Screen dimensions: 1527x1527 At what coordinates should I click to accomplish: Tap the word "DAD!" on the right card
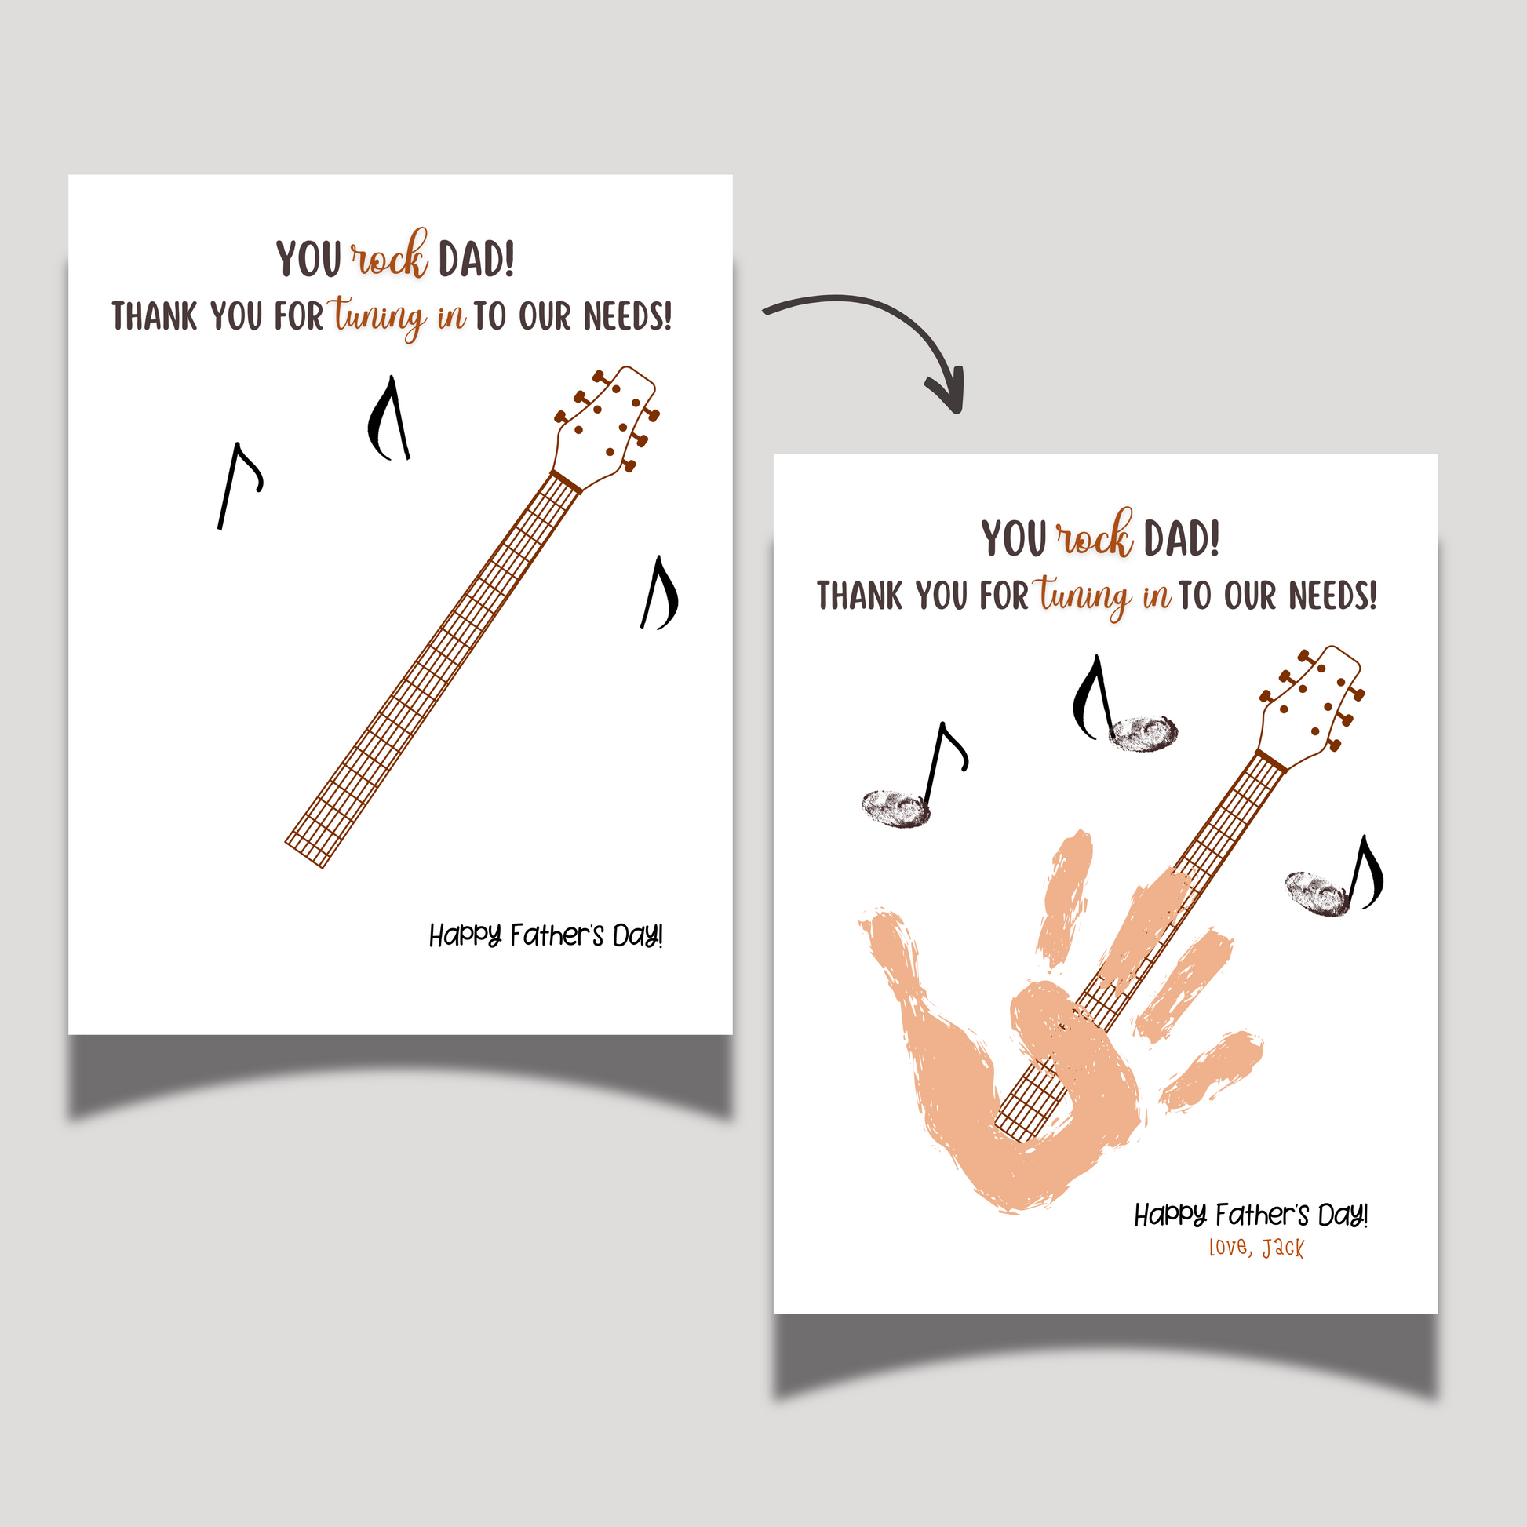pos(1182,538)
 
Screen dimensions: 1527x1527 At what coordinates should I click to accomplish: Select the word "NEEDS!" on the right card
pos(1333,596)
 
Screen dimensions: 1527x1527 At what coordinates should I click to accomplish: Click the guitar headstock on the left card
pos(607,423)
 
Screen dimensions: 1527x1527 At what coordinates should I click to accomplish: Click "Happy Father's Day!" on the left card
pos(546,937)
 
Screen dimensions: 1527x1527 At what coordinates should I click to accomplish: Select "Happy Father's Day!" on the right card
pos(1251,1215)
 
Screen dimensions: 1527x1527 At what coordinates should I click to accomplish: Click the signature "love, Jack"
pos(1257,1248)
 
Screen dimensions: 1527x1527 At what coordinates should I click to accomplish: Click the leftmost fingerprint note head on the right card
pos(896,807)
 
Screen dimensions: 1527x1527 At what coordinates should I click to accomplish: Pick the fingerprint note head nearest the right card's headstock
pos(1143,733)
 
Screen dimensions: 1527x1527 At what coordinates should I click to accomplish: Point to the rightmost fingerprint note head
pos(1317,894)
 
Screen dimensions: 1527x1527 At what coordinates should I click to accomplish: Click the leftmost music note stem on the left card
pos(229,486)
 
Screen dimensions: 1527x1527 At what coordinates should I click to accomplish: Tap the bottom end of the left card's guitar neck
pos(304,856)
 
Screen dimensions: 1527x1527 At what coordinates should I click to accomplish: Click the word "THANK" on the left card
pos(154,316)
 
